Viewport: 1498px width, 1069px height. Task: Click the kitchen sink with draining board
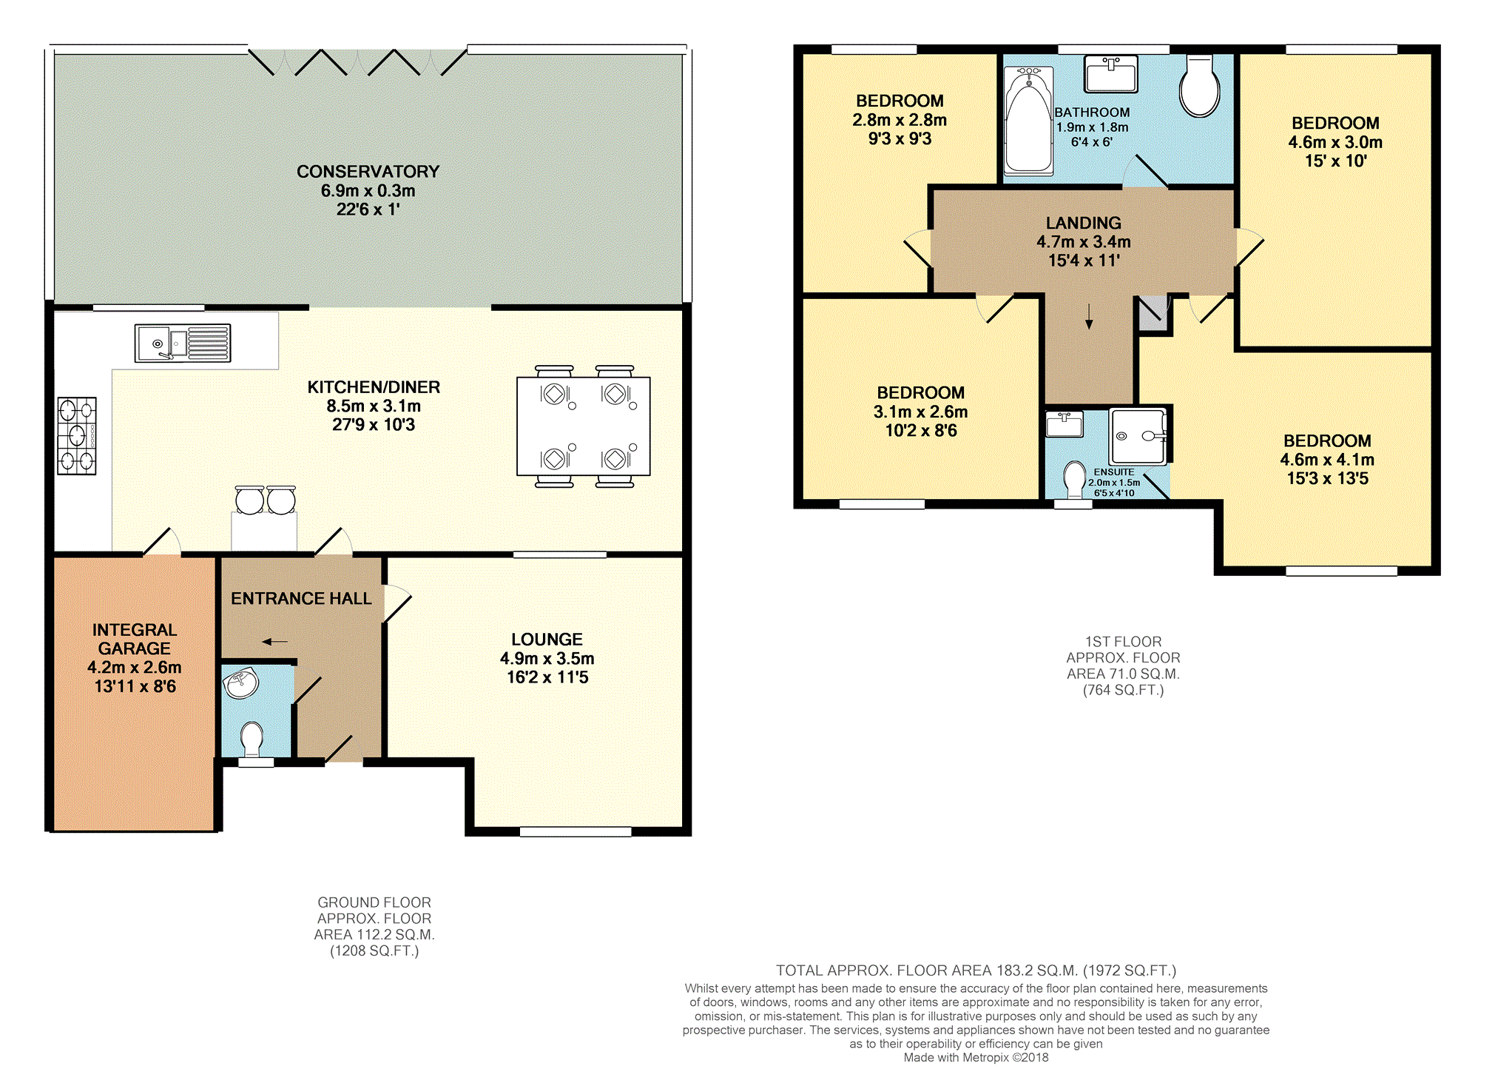click(x=183, y=344)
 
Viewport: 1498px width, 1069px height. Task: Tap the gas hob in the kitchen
click(x=77, y=435)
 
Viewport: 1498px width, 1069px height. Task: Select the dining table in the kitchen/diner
click(x=584, y=426)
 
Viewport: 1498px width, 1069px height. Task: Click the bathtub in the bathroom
click(x=1029, y=121)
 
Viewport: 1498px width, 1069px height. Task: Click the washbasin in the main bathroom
click(x=1110, y=73)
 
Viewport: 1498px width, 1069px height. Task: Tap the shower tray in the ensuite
click(x=1138, y=436)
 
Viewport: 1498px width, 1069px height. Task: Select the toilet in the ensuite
click(x=1074, y=479)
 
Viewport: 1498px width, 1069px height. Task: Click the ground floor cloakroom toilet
click(x=252, y=739)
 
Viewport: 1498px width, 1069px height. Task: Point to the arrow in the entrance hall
click(x=275, y=642)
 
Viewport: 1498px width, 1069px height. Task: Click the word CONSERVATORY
click(x=368, y=172)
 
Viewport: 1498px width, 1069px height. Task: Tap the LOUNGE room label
click(x=547, y=640)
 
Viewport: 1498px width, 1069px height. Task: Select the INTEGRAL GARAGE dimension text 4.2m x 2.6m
click(x=135, y=667)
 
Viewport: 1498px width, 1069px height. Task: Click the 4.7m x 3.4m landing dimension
click(x=1084, y=242)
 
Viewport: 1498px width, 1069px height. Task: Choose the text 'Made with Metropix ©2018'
click(x=976, y=1057)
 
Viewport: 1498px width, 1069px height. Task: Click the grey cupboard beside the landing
click(x=1153, y=314)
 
